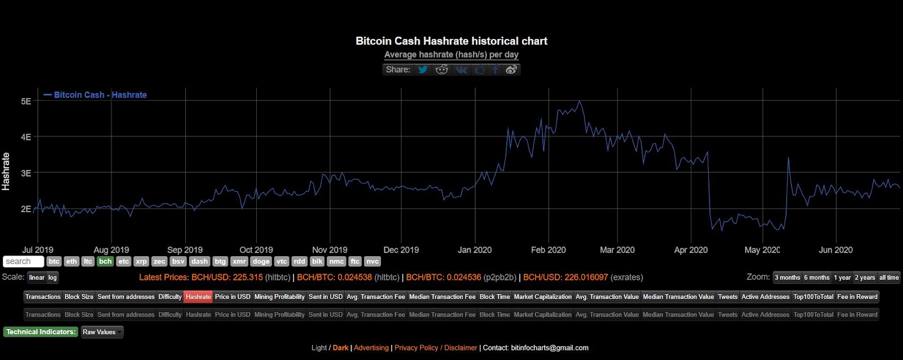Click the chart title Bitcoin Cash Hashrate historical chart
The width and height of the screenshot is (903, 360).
click(x=451, y=41)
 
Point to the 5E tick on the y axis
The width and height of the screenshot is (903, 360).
click(x=26, y=102)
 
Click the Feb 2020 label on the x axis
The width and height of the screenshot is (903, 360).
click(x=548, y=250)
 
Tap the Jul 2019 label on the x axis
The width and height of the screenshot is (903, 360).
click(x=38, y=250)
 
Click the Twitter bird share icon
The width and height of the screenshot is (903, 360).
click(x=423, y=69)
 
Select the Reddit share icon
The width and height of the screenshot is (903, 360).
click(x=442, y=69)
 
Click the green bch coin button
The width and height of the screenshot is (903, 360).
click(x=105, y=261)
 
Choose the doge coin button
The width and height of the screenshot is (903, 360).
click(x=261, y=261)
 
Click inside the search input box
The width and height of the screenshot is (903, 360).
click(x=23, y=261)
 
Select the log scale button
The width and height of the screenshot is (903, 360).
click(x=52, y=277)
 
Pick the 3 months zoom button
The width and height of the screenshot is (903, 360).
click(x=787, y=277)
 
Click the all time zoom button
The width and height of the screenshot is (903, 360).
click(x=889, y=277)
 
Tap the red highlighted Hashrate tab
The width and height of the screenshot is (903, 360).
click(x=198, y=297)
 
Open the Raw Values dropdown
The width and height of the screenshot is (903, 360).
click(x=102, y=332)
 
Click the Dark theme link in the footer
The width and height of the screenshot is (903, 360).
click(x=340, y=348)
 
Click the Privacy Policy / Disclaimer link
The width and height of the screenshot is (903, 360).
click(x=436, y=348)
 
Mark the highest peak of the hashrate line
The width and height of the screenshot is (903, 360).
click(x=579, y=102)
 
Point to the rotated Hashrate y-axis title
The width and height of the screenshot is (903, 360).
click(x=6, y=172)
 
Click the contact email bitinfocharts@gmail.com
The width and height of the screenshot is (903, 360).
click(x=549, y=348)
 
